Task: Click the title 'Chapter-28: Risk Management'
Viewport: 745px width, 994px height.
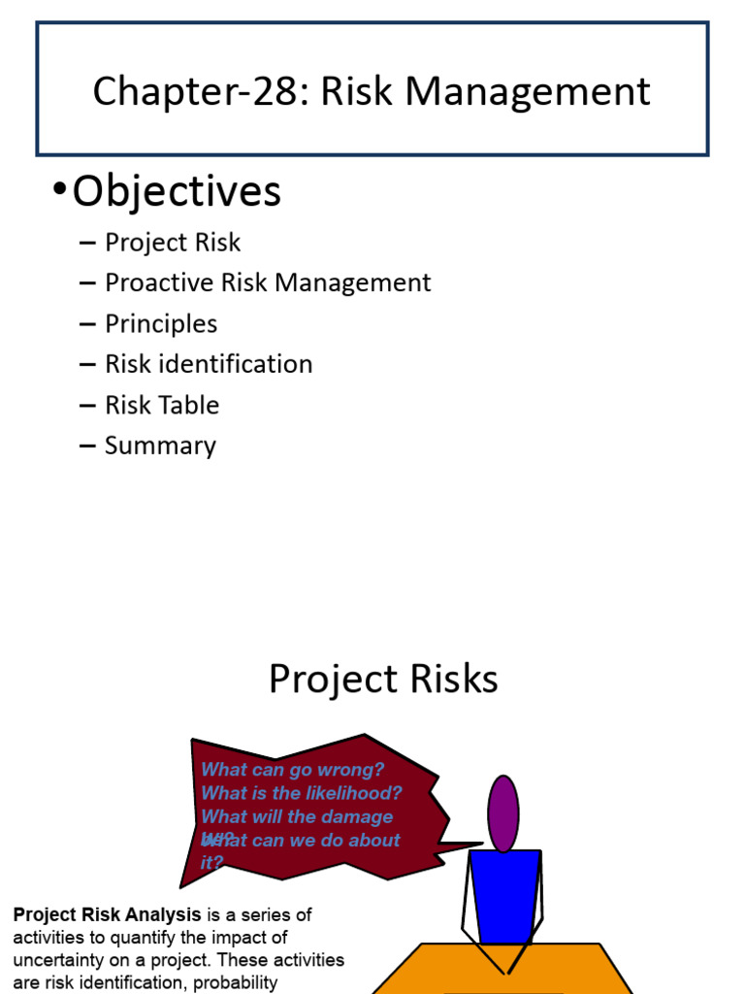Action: pos(372,92)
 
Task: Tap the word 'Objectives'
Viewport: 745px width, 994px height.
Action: pos(177,191)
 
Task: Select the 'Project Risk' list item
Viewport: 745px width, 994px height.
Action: pos(173,243)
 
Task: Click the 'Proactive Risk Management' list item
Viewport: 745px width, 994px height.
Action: pos(268,283)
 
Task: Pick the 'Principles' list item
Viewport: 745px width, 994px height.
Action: pos(161,324)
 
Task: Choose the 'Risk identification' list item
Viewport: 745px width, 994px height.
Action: pos(209,365)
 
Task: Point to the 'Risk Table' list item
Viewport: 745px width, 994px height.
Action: pos(162,406)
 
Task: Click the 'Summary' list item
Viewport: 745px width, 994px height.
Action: pos(160,447)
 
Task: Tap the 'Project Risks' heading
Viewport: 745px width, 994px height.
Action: pos(383,679)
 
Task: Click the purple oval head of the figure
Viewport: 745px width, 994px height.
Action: pos(502,813)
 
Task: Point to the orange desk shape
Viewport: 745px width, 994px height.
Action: pos(504,971)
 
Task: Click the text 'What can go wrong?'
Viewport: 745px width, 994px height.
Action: pos(293,770)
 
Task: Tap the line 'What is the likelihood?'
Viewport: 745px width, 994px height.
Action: pos(302,793)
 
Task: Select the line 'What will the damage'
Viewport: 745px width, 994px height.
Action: pos(297,817)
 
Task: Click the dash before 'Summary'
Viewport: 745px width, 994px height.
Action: pos(89,447)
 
